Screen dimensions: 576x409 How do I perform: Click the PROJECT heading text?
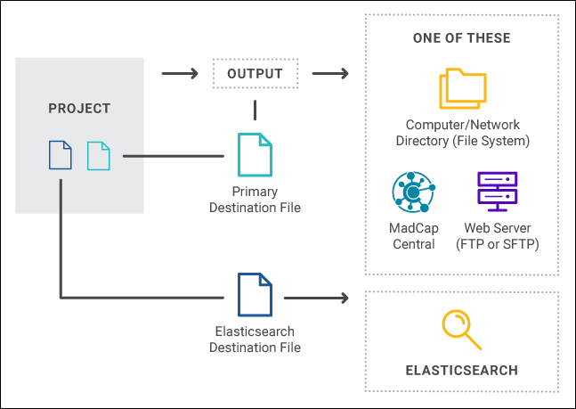click(79, 109)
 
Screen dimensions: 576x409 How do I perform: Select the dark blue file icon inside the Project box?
click(61, 155)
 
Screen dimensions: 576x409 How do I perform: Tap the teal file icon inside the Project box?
click(99, 156)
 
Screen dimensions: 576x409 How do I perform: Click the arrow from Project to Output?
click(180, 74)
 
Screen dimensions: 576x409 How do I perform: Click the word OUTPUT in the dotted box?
click(255, 74)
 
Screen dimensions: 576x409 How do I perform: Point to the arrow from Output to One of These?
click(330, 74)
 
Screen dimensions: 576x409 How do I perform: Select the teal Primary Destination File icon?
click(255, 155)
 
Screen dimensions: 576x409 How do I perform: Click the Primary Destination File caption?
click(255, 200)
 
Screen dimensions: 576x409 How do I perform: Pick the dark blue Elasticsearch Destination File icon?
click(255, 295)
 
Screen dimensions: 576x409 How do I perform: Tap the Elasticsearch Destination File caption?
click(255, 339)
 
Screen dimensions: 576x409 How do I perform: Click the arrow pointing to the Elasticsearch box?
click(316, 298)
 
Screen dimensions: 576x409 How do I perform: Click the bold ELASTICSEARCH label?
click(462, 371)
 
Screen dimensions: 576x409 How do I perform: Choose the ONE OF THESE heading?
click(462, 38)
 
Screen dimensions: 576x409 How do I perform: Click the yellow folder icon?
click(463, 88)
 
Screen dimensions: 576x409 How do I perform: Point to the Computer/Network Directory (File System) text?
click(463, 133)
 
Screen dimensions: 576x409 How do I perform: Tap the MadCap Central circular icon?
click(414, 192)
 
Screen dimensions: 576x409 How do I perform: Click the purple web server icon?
click(498, 192)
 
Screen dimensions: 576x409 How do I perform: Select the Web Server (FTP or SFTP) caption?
click(498, 236)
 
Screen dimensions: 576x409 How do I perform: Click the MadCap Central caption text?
click(414, 236)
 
